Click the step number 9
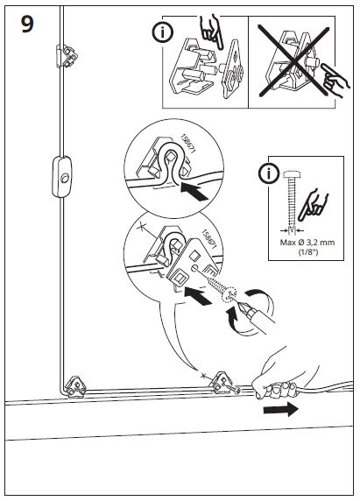point(27,25)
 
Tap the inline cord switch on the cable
point(61,176)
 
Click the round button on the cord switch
point(65,178)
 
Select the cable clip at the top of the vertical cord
point(67,56)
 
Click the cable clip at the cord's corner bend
point(75,386)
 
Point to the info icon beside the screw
point(269,173)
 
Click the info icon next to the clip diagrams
point(163,32)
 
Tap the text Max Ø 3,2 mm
point(307,243)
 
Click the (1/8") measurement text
point(308,251)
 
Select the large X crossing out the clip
point(293,61)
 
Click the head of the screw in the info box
point(292,174)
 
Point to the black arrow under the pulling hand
point(281,409)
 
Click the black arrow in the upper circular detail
point(194,191)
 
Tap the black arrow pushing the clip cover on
point(198,295)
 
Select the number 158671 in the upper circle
point(188,144)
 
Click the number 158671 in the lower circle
point(209,239)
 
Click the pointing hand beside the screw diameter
point(313,205)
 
